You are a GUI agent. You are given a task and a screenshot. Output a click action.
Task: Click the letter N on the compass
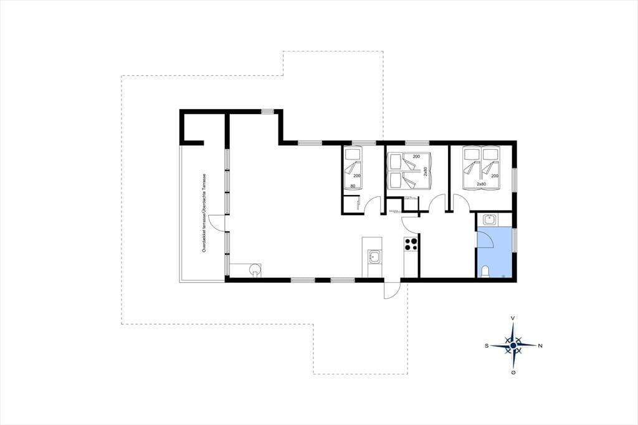coord(540,346)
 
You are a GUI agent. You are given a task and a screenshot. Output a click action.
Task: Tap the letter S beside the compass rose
coord(486,346)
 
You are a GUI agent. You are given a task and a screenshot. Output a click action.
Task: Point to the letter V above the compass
coord(513,318)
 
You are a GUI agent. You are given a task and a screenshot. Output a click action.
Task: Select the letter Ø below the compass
coord(513,373)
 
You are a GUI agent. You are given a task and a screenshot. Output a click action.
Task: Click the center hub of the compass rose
coord(513,345)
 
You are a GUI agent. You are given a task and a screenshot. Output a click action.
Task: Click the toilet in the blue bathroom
coord(485,272)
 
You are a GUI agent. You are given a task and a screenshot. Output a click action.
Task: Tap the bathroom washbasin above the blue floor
coord(488,220)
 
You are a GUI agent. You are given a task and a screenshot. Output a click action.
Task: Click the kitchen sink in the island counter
coord(374,257)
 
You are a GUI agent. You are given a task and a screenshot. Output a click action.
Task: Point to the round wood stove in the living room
coord(255,269)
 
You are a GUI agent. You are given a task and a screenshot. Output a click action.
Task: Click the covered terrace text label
coord(204,213)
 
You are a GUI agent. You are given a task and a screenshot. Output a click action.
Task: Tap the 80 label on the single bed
coord(353,186)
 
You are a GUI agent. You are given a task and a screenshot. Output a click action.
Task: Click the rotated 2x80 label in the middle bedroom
coord(425,171)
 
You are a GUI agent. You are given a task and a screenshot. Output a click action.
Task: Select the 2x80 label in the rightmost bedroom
coord(482,184)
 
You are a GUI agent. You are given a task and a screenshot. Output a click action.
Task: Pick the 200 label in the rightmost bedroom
coord(495,176)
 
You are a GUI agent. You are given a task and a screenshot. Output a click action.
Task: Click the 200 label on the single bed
coord(357,176)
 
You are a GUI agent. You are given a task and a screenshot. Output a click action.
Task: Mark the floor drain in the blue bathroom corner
coord(503,276)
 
